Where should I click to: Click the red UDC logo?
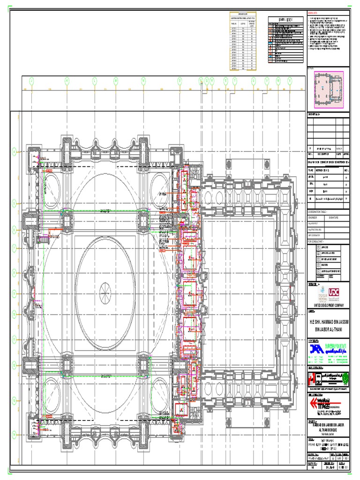[x=334, y=292]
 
